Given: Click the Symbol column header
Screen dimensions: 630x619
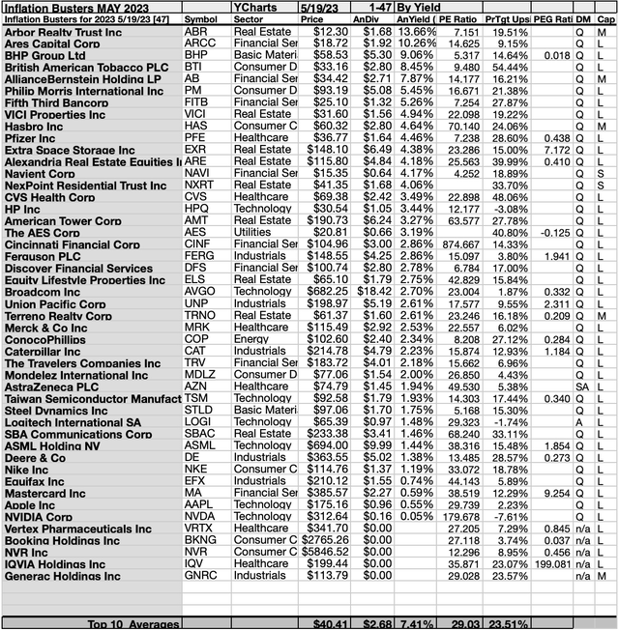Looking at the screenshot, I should coord(202,18).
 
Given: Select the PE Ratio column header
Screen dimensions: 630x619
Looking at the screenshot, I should coord(455,18).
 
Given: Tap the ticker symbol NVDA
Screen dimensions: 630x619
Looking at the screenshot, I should coord(200,516).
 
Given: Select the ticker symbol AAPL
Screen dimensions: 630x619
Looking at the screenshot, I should coord(200,504).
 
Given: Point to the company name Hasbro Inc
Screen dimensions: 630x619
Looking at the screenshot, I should coord(36,127).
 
